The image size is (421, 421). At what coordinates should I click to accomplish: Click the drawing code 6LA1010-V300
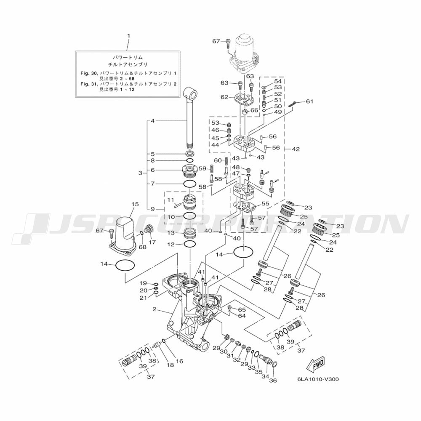pyautogui.click(x=318, y=379)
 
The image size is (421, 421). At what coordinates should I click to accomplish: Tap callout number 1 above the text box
pyautogui.click(x=128, y=36)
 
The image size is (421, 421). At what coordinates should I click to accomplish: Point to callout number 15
pyautogui.click(x=135, y=204)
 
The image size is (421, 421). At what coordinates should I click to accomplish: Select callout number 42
pyautogui.click(x=296, y=149)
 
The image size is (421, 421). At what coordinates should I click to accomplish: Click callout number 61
pyautogui.click(x=309, y=101)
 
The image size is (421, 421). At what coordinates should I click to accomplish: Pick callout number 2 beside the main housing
pyautogui.click(x=155, y=309)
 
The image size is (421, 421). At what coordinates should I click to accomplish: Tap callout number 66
pyautogui.click(x=254, y=110)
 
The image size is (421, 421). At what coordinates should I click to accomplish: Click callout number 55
pyautogui.click(x=265, y=204)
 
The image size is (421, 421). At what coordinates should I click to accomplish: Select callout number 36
pyautogui.click(x=274, y=381)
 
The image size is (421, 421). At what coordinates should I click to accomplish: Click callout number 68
pyautogui.click(x=143, y=247)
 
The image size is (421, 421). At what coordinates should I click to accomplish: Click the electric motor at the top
pyautogui.click(x=243, y=54)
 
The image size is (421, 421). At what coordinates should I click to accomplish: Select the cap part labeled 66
pyautogui.click(x=245, y=112)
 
